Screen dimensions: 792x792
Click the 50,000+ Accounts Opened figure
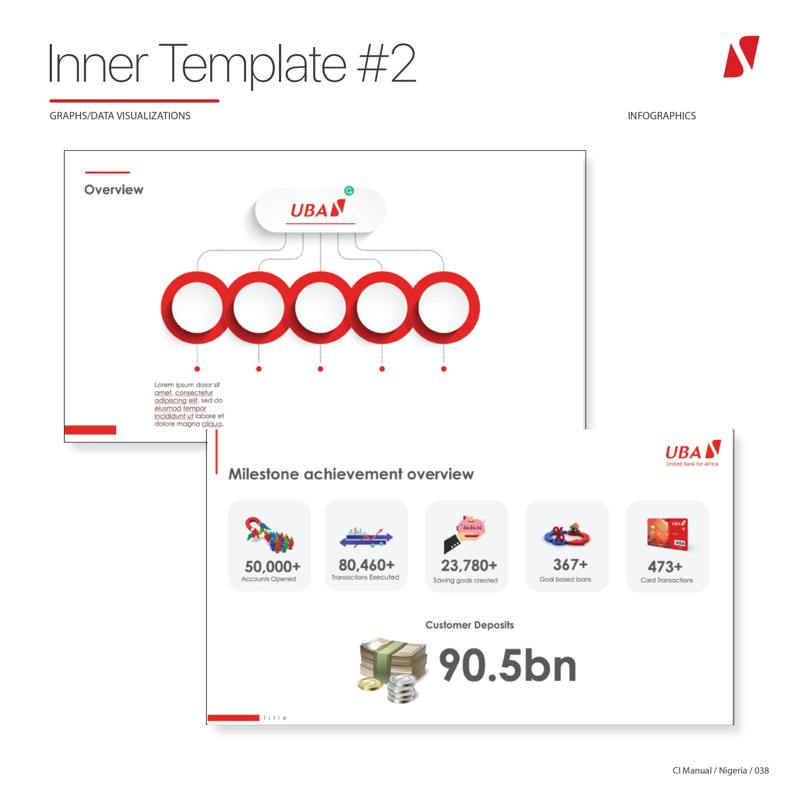click(272, 566)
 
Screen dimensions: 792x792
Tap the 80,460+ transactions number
click(367, 565)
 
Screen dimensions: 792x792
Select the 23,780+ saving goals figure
click(469, 565)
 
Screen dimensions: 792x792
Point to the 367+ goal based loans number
click(570, 565)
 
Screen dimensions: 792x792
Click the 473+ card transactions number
click(665, 566)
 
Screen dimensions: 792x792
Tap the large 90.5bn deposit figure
click(507, 665)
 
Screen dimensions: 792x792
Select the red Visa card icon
click(667, 533)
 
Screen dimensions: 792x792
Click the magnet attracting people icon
click(269, 534)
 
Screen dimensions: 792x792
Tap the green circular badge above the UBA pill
click(349, 191)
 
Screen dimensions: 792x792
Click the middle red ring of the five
click(320, 308)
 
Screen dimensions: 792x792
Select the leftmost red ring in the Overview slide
click(197, 308)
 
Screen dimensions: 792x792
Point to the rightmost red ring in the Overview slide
click(444, 308)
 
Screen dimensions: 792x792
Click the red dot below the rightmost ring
click(444, 369)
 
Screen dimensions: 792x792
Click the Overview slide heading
click(114, 190)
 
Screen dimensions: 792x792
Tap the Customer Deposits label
click(469, 625)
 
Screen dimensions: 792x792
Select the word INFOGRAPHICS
click(661, 116)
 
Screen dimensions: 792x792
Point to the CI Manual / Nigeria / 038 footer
click(720, 770)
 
